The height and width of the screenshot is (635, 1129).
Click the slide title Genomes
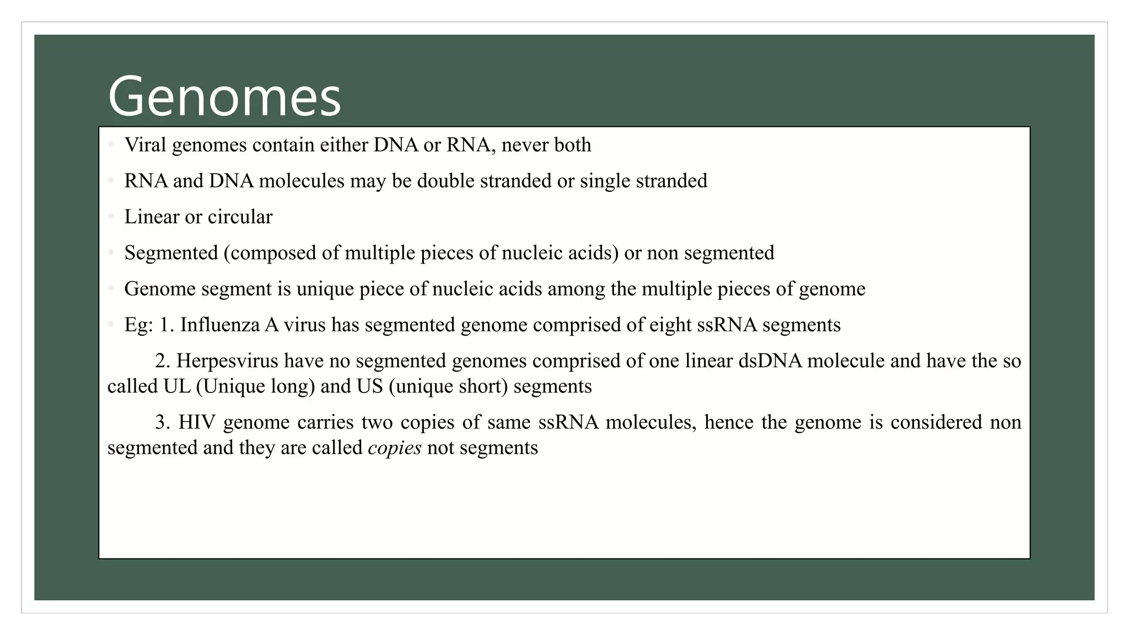[224, 97]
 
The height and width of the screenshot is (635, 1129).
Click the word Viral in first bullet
[145, 145]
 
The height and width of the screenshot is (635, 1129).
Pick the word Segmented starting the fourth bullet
[171, 252]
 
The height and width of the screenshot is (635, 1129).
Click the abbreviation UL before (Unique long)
[176, 386]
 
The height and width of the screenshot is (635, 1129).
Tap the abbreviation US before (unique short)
[369, 386]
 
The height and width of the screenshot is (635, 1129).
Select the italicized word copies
[394, 448]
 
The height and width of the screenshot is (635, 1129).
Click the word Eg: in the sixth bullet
[138, 325]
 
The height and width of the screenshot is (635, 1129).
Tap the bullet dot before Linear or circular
[111, 217]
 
